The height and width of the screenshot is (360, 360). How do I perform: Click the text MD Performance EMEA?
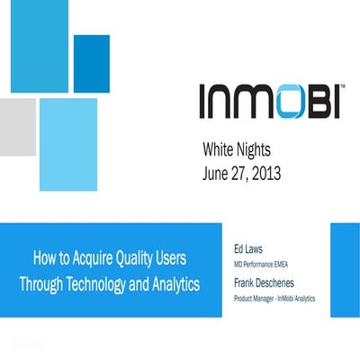click(265, 261)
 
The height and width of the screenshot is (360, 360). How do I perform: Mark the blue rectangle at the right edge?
click(346, 269)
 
